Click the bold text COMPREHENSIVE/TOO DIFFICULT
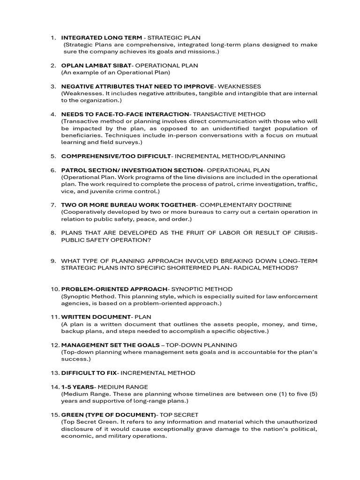click(x=116, y=156)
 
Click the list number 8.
click(x=53, y=232)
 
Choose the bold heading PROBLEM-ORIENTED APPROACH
click(x=114, y=289)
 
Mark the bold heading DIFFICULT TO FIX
click(x=89, y=373)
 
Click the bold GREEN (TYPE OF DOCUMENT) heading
click(x=108, y=415)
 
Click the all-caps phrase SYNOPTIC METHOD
click(x=202, y=289)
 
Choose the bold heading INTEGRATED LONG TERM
click(x=101, y=37)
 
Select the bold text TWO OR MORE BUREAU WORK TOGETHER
click(x=128, y=205)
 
